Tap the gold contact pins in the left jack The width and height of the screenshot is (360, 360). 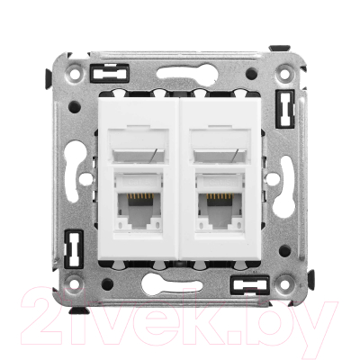click(x=140, y=196)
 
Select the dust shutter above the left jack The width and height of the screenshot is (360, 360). click(x=139, y=146)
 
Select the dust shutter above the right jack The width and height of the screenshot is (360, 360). click(x=220, y=146)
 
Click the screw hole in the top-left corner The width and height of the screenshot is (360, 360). click(x=76, y=72)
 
